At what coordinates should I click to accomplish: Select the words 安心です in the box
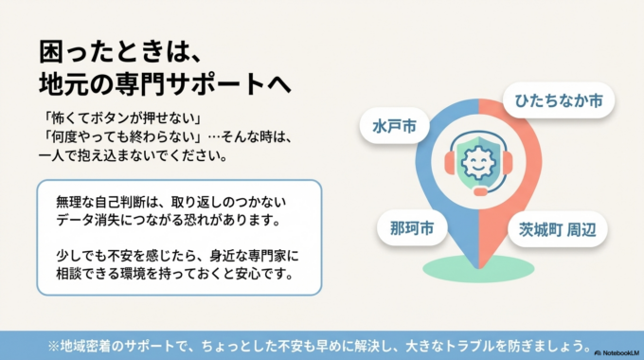(x=270, y=274)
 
